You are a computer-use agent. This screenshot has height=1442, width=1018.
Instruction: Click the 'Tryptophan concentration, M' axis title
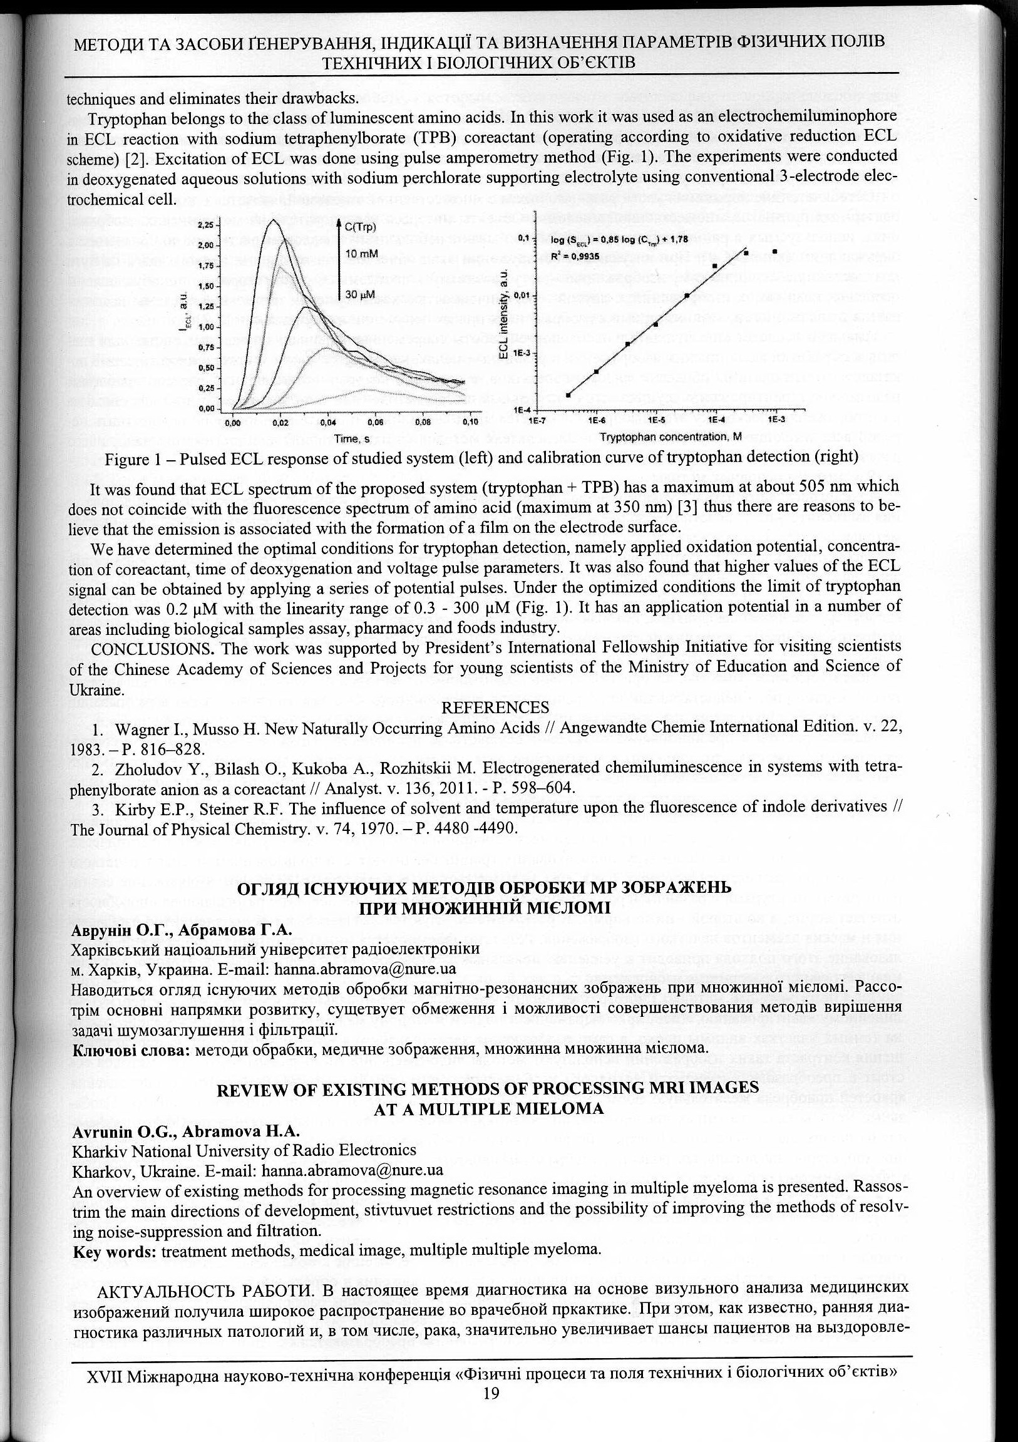(x=670, y=436)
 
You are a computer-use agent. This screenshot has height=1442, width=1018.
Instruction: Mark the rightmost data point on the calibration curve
(x=775, y=251)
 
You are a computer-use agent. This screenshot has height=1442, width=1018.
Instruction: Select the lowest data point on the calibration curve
(x=568, y=395)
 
